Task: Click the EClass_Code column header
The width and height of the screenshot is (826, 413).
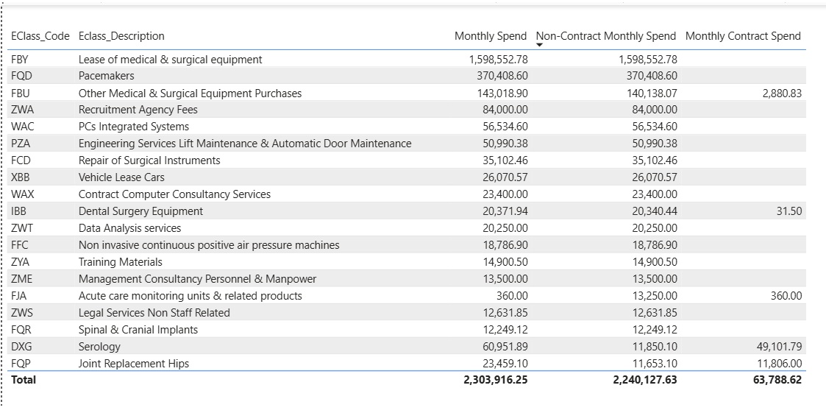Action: click(40, 36)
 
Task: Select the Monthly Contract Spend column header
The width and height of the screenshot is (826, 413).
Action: click(743, 36)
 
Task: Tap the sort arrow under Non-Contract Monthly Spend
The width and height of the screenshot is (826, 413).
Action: click(540, 46)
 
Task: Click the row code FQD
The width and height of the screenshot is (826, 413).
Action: click(21, 76)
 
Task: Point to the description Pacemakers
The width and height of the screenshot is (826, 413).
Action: click(106, 76)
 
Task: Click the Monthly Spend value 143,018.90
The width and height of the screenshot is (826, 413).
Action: click(498, 93)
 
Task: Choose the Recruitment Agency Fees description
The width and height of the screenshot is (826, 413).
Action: click(138, 110)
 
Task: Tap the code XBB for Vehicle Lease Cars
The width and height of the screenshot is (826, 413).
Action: click(22, 177)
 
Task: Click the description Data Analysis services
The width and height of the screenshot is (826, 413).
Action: click(129, 228)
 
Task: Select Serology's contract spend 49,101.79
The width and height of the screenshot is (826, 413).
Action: click(779, 347)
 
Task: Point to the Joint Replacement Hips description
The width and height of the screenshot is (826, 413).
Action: click(133, 364)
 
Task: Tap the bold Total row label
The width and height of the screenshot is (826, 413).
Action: click(24, 380)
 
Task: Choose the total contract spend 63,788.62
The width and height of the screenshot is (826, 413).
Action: click(777, 380)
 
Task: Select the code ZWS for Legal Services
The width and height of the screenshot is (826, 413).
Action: click(22, 313)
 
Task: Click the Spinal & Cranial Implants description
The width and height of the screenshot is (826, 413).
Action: click(138, 330)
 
